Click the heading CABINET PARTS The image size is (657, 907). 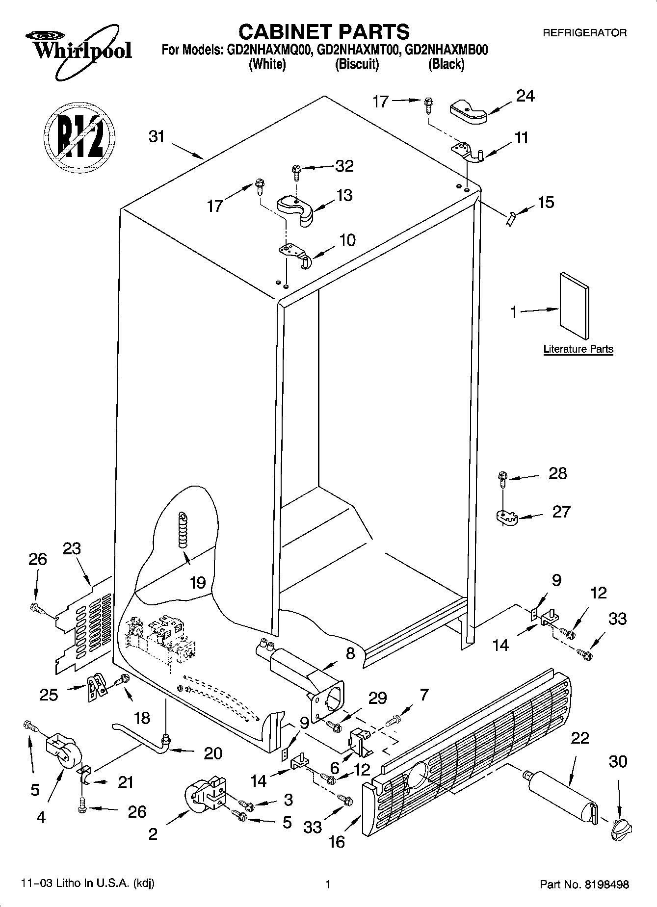click(324, 32)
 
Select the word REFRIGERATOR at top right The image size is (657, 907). click(584, 33)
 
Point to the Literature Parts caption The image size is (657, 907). click(578, 349)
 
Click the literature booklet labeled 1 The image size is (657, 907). click(574, 306)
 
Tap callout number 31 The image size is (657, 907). click(157, 136)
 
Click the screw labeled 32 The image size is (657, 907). click(296, 170)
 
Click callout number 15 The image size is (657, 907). click(546, 202)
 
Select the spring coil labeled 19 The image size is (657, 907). click(183, 530)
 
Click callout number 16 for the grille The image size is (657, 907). click(337, 842)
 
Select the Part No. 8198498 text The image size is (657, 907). click(584, 884)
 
